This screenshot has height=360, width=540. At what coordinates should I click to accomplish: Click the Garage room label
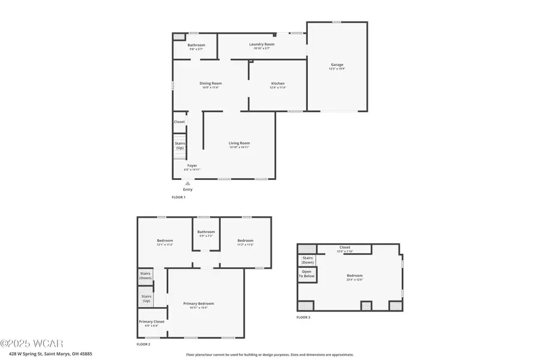pyautogui.click(x=337, y=65)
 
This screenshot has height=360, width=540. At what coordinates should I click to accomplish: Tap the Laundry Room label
pyautogui.click(x=262, y=44)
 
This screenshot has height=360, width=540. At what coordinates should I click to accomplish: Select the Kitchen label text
pyautogui.click(x=278, y=83)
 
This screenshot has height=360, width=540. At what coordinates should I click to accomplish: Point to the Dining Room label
pyautogui.click(x=211, y=83)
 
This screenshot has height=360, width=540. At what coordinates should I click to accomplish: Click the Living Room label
pyautogui.click(x=239, y=143)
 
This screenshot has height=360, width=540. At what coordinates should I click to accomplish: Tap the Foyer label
pyautogui.click(x=192, y=166)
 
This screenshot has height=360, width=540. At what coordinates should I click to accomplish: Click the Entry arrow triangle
pyautogui.click(x=188, y=184)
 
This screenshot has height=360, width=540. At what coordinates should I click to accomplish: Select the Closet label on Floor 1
pyautogui.click(x=179, y=122)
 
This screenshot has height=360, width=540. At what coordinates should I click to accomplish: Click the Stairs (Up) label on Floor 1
pyautogui.click(x=180, y=146)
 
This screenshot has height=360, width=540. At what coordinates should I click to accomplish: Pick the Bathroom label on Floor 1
pyautogui.click(x=196, y=45)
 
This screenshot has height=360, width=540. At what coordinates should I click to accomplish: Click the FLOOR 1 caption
pyautogui.click(x=179, y=197)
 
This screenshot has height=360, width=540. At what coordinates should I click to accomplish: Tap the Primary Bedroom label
pyautogui.click(x=199, y=304)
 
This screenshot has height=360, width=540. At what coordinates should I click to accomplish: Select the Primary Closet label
pyautogui.click(x=151, y=322)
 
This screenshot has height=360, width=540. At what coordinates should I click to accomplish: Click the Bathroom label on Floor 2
pyautogui.click(x=206, y=232)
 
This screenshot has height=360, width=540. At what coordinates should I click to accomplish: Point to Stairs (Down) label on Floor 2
pyautogui.click(x=145, y=276)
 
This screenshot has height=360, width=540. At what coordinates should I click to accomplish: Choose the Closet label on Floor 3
pyautogui.click(x=344, y=247)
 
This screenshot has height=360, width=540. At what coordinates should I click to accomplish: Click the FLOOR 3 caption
pyautogui.click(x=304, y=317)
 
